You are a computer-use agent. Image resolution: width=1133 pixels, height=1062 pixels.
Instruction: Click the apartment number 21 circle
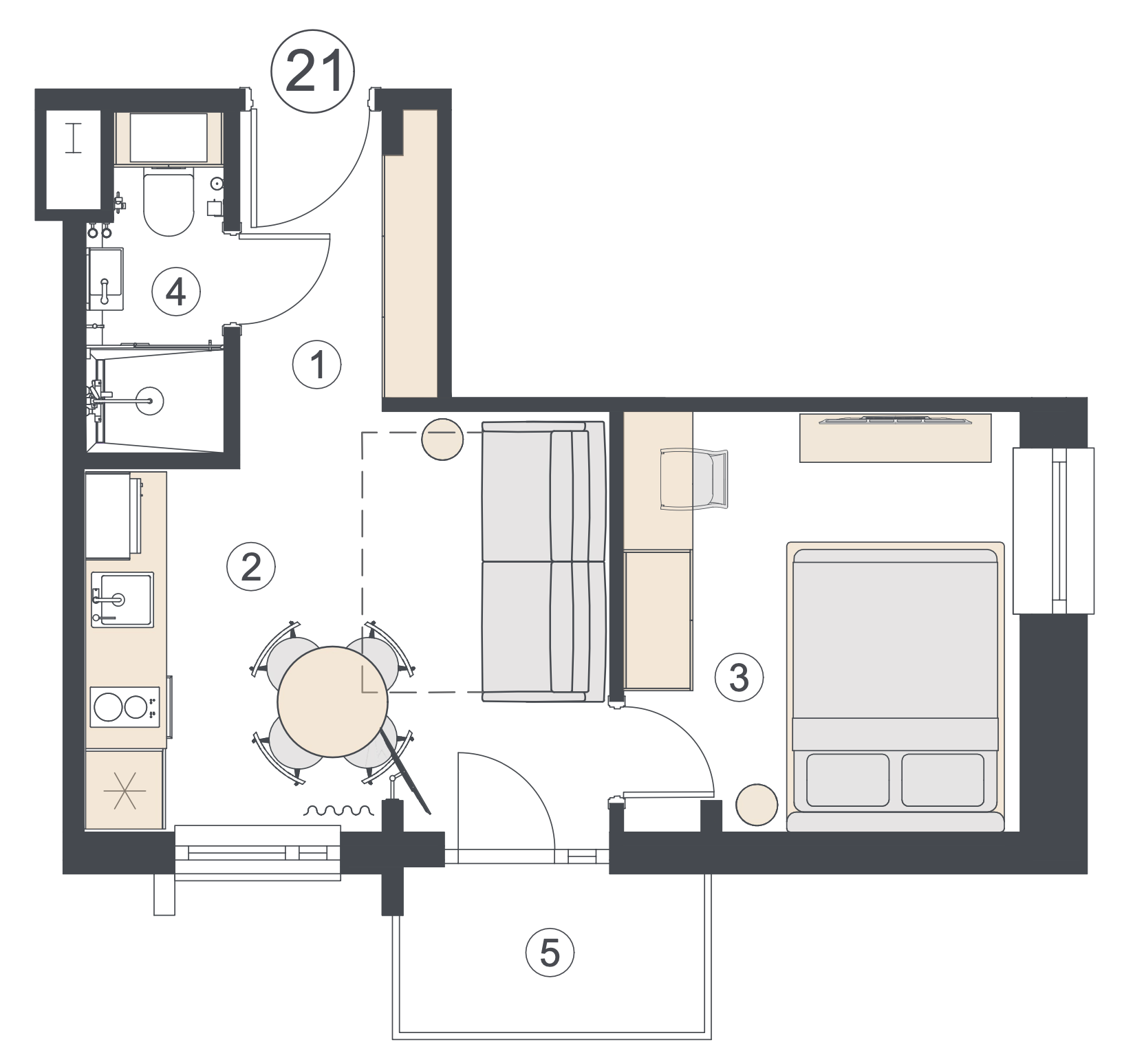point(313,72)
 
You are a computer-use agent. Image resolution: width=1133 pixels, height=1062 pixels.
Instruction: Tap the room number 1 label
point(317,365)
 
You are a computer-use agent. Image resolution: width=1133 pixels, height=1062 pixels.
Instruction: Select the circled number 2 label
point(251,567)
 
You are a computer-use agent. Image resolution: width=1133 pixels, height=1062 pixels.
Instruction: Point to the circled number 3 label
point(739,678)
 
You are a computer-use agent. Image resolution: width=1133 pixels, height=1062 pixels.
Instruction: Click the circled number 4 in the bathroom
point(176,292)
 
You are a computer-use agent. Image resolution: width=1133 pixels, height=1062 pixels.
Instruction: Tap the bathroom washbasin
point(105,279)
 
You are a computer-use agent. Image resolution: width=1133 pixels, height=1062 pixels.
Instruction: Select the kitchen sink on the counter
point(122,600)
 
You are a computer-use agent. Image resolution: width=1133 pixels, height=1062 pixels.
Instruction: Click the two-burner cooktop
point(124,706)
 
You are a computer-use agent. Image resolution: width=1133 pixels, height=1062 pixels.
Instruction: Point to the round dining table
point(333,702)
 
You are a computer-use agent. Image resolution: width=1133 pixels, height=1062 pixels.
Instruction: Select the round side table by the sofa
point(442,439)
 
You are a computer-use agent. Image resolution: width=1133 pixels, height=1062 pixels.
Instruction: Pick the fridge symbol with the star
point(125,790)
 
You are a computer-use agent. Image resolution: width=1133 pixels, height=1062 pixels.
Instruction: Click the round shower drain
point(150,400)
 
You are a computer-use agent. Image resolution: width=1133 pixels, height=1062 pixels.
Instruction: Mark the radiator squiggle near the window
point(338,810)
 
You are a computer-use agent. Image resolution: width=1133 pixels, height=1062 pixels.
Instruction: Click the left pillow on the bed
point(848,780)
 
